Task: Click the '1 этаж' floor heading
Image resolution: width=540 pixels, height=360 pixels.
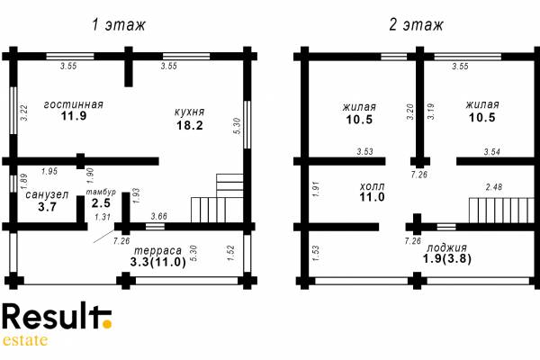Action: click(119, 25)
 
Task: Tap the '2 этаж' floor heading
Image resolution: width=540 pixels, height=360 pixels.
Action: click(416, 25)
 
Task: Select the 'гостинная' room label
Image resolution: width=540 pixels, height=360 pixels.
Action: click(74, 104)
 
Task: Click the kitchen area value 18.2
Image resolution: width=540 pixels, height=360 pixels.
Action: click(190, 125)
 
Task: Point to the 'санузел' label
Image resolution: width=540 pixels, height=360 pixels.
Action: click(47, 195)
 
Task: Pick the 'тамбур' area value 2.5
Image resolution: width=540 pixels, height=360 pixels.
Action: click(101, 202)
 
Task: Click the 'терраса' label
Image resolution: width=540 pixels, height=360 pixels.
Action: click(157, 250)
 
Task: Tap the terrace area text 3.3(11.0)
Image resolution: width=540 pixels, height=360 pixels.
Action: click(158, 262)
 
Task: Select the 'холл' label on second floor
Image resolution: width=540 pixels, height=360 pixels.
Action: click(372, 186)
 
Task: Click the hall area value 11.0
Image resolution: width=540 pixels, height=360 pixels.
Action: click(372, 197)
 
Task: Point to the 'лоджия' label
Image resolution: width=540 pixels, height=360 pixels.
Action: click(446, 247)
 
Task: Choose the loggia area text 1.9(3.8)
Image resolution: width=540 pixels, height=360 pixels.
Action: click(446, 258)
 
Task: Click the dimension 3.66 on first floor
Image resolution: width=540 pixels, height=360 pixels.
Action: click(159, 216)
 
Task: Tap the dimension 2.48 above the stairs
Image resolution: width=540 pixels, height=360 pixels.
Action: click(494, 187)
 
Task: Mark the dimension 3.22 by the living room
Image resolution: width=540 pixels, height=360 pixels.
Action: click(24, 112)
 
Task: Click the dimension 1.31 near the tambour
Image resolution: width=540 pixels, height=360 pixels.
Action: click(103, 217)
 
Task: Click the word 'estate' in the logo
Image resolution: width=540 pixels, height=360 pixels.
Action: click(25, 340)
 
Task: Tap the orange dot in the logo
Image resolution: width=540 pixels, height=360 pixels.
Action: click(107, 324)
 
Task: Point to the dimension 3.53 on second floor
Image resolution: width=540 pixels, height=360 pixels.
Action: click(365, 151)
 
